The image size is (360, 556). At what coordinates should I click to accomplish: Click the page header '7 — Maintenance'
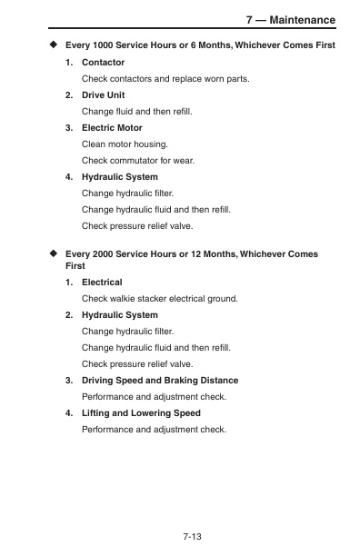point(291,20)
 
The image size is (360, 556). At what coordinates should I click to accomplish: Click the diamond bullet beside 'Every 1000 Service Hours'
point(53,45)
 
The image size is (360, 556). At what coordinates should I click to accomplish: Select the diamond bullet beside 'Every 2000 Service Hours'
point(53,255)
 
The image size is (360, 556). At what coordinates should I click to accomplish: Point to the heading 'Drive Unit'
point(103,95)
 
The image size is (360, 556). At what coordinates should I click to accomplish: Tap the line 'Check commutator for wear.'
point(137,160)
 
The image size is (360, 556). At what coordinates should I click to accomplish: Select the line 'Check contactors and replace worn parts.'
point(165,79)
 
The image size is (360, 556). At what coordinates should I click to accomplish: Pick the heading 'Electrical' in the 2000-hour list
point(102,283)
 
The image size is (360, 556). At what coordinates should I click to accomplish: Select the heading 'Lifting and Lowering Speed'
point(141,412)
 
